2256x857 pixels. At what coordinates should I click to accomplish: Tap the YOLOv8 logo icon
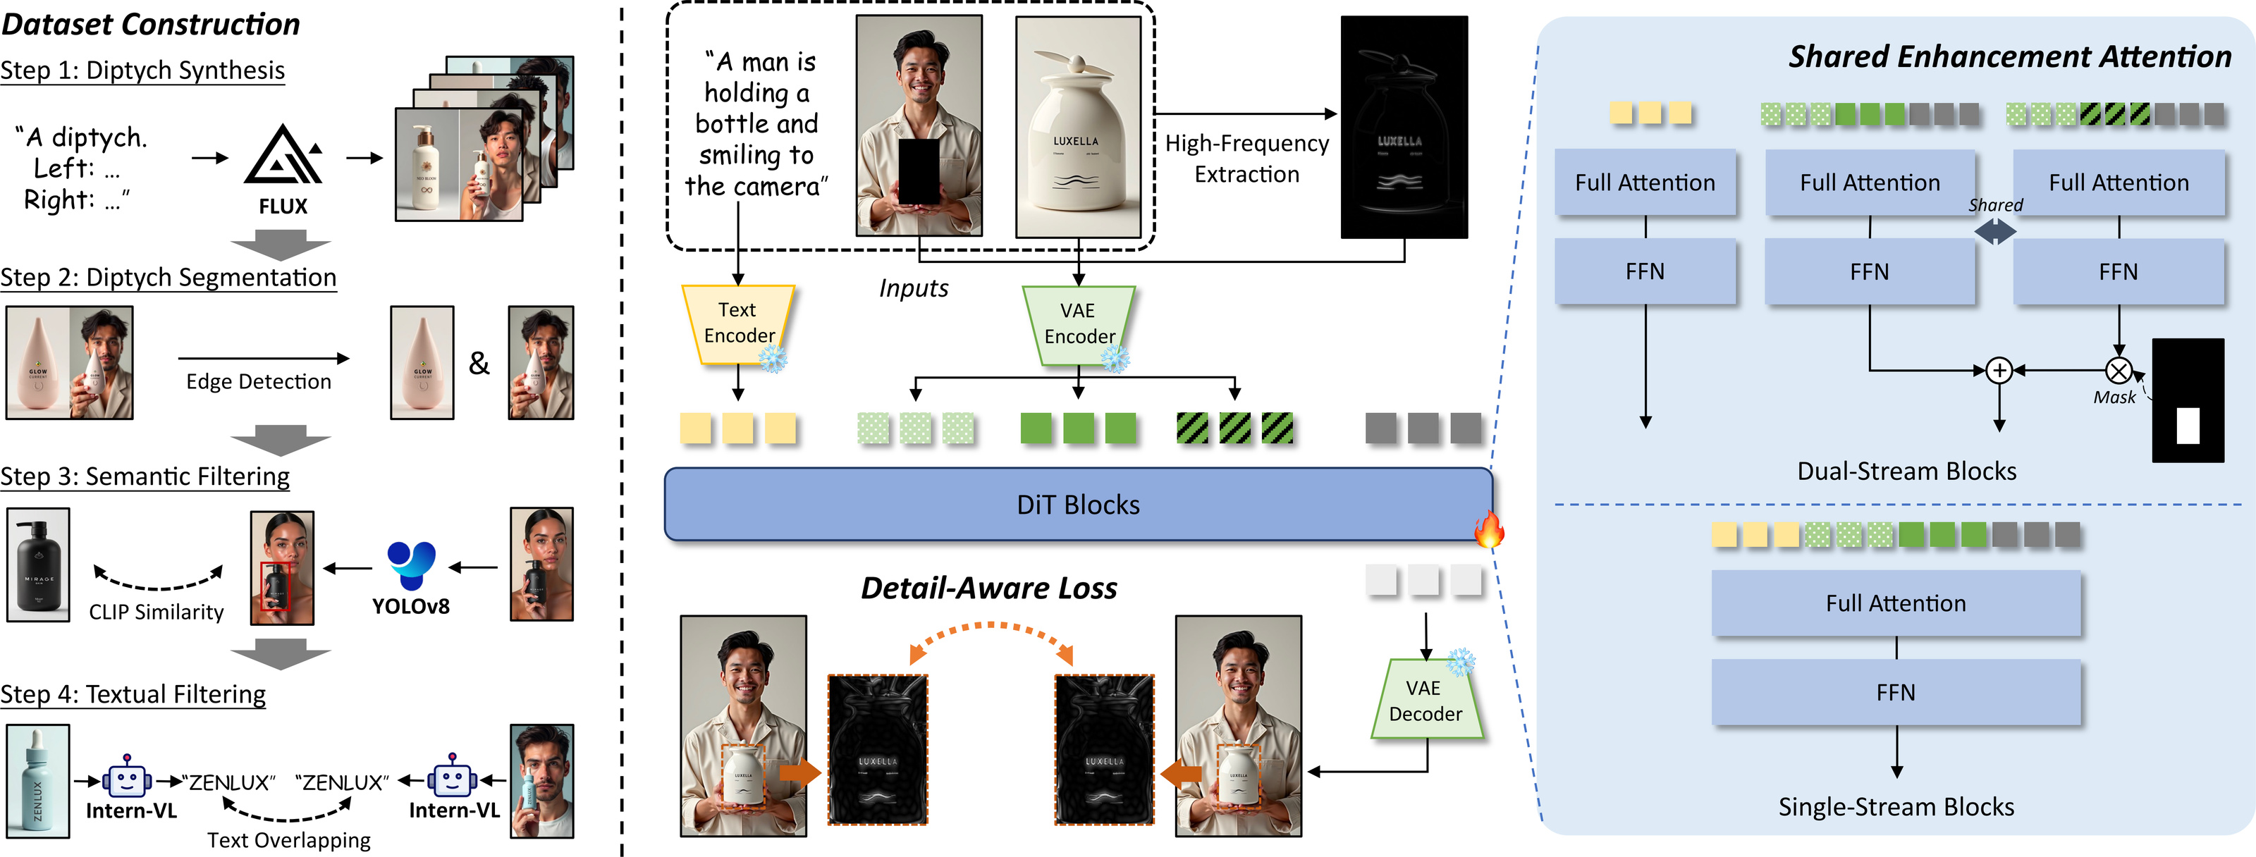(x=411, y=565)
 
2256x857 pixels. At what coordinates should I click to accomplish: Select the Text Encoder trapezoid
(x=738, y=324)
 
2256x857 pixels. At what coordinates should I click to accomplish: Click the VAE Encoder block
(x=1078, y=325)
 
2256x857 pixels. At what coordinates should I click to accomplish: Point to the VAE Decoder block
(x=1426, y=701)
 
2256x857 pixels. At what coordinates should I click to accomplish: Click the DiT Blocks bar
(x=1078, y=504)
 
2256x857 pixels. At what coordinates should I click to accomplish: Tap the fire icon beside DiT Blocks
(x=1488, y=529)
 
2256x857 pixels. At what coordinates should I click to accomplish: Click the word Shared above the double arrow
(x=1995, y=205)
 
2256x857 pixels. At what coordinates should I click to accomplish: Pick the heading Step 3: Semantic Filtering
(x=145, y=476)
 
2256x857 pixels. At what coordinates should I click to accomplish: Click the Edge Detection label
(x=258, y=382)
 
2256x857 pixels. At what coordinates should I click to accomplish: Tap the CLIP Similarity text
(x=156, y=612)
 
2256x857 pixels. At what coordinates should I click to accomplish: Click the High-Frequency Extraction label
(x=1246, y=159)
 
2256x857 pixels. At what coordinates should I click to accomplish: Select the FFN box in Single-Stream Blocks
(x=1895, y=692)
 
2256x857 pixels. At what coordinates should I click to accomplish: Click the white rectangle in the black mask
(x=2188, y=426)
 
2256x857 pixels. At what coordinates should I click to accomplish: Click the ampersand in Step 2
(x=479, y=362)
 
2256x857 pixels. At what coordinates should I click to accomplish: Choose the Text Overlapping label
(x=289, y=840)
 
